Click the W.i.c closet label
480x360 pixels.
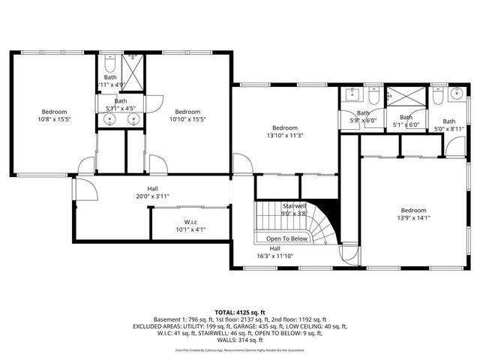(179, 226)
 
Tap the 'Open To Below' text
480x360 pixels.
(287, 238)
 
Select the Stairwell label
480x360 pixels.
(294, 208)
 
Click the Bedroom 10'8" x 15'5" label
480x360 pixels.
(54, 115)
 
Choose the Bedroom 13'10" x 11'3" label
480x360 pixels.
(285, 132)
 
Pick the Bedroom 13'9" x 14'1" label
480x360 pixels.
(413, 214)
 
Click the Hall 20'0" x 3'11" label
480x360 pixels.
(152, 193)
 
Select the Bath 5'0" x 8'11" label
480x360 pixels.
(448, 125)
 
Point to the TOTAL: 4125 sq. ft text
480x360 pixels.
(239, 311)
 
